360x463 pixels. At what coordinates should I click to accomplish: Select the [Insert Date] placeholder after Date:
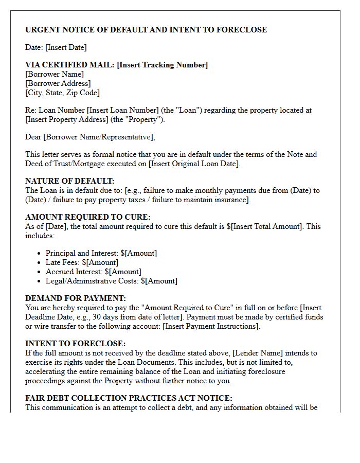click(x=66, y=47)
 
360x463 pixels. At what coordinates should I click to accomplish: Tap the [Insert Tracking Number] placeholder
click(x=163, y=65)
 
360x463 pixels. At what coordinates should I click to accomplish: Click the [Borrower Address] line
click(x=58, y=83)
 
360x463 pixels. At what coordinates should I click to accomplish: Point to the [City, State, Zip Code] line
click(x=62, y=93)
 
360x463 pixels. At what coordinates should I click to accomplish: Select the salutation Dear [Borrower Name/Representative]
click(x=90, y=137)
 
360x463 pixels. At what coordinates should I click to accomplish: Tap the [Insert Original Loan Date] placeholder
click(x=193, y=164)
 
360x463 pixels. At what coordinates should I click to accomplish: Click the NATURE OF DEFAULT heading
click(x=70, y=181)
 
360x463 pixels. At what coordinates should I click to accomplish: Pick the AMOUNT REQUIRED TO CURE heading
click(x=88, y=217)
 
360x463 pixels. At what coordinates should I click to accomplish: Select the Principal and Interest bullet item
click(x=101, y=253)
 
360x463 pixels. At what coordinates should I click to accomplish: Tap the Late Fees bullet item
click(x=82, y=262)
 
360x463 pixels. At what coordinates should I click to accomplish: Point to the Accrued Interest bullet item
click(x=93, y=272)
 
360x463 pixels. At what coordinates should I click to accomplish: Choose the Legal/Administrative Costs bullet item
click(x=111, y=281)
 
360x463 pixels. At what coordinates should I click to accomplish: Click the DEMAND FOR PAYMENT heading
click(x=76, y=298)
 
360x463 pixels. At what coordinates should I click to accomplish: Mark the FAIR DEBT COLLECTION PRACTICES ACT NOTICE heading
click(x=129, y=398)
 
